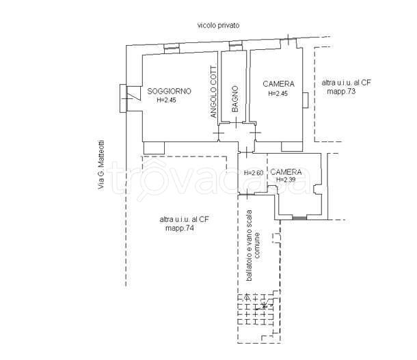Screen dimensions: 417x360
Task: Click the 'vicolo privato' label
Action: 218,25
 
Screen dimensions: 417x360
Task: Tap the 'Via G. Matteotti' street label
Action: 101,165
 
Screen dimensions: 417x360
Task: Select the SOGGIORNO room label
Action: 169,91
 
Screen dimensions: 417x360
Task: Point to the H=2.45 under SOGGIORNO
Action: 167,100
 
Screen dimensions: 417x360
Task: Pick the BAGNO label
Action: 235,99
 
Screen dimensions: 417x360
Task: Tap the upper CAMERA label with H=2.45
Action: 278,84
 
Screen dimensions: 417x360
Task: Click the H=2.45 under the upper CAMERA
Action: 278,94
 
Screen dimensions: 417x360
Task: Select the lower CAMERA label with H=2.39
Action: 286,172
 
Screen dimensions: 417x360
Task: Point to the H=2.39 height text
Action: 286,180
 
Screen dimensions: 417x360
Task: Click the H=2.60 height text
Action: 254,173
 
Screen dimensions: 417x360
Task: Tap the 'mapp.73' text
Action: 341,92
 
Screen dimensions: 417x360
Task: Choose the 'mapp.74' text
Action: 180,228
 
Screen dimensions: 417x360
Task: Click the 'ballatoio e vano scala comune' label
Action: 254,245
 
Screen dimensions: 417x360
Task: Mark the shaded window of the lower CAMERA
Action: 299,218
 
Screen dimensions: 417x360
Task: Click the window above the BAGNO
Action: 236,46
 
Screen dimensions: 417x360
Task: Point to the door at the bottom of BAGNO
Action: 236,122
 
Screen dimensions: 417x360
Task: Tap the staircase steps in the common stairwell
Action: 256,309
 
